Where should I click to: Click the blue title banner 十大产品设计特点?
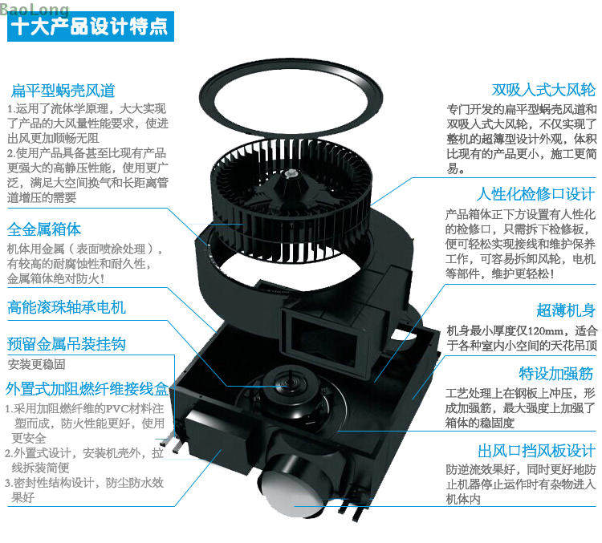(x=91, y=26)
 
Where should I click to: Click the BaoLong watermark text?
(x=35, y=9)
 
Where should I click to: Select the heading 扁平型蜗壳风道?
(x=63, y=91)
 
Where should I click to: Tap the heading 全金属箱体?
(x=44, y=229)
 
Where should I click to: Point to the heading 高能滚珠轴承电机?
(x=67, y=307)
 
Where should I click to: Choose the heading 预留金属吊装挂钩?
(x=67, y=344)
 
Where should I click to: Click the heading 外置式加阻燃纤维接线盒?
(x=87, y=389)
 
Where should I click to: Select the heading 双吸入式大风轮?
(x=543, y=90)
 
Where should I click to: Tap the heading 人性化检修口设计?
(x=536, y=194)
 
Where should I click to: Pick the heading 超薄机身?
(x=566, y=310)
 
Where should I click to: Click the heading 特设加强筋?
(x=556, y=374)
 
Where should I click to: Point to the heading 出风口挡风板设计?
(x=537, y=451)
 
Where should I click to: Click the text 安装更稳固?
(x=36, y=364)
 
